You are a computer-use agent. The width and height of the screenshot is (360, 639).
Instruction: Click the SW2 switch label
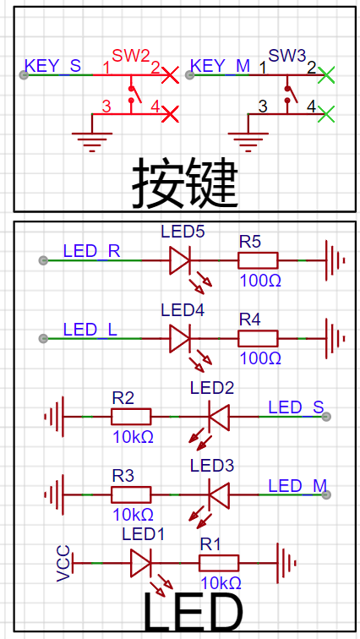pyautogui.click(x=131, y=56)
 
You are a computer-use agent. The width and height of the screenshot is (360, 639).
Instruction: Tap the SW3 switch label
pyautogui.click(x=287, y=56)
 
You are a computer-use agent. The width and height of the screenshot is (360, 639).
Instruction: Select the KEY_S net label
pyautogui.click(x=53, y=66)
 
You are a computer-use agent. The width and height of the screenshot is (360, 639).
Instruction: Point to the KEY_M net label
pyautogui.click(x=220, y=66)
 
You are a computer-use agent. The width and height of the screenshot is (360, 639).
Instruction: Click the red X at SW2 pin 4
pyautogui.click(x=171, y=114)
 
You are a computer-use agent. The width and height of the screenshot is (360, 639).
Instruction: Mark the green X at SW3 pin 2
pyautogui.click(x=326, y=74)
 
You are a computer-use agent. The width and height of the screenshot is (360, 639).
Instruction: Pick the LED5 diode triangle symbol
pyautogui.click(x=180, y=260)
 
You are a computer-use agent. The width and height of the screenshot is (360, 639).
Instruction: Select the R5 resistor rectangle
pyautogui.click(x=258, y=260)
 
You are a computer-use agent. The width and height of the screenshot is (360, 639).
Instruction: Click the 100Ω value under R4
pyautogui.click(x=260, y=358)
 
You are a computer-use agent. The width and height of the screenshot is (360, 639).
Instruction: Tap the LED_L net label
pyautogui.click(x=90, y=330)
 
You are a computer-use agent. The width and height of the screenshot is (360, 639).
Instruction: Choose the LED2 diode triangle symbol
pyautogui.click(x=219, y=417)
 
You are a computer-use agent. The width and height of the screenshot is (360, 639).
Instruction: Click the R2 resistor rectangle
pyautogui.click(x=131, y=417)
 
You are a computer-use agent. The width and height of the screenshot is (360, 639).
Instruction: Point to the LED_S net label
pyautogui.click(x=296, y=407)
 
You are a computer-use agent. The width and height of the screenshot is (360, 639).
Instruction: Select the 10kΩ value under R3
pyautogui.click(x=134, y=515)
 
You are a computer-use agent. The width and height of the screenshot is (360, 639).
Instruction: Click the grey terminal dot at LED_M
pyautogui.click(x=326, y=494)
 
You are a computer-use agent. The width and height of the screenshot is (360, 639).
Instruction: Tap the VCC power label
pyautogui.click(x=63, y=563)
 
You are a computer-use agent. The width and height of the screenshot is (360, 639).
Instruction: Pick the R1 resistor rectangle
pyautogui.click(x=219, y=563)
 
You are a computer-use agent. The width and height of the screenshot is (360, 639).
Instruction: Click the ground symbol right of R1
pyautogui.click(x=286, y=563)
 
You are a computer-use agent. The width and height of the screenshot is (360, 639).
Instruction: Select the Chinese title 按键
pyautogui.click(x=184, y=183)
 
